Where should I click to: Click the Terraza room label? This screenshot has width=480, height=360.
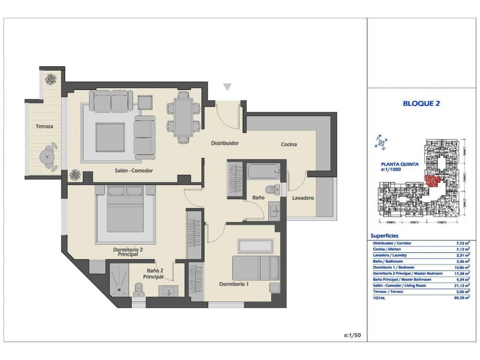pyautogui.click(x=45, y=126)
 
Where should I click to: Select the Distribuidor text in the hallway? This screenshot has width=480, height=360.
pyautogui.click(x=225, y=143)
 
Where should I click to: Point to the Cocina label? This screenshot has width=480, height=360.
pyautogui.click(x=289, y=145)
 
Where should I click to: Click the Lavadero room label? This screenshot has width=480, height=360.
pyautogui.click(x=303, y=197)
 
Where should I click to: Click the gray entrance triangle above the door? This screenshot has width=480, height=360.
pyautogui.click(x=227, y=87)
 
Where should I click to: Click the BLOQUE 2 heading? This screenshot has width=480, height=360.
pyautogui.click(x=422, y=103)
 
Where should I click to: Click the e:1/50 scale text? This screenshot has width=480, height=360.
pyautogui.click(x=351, y=335)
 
